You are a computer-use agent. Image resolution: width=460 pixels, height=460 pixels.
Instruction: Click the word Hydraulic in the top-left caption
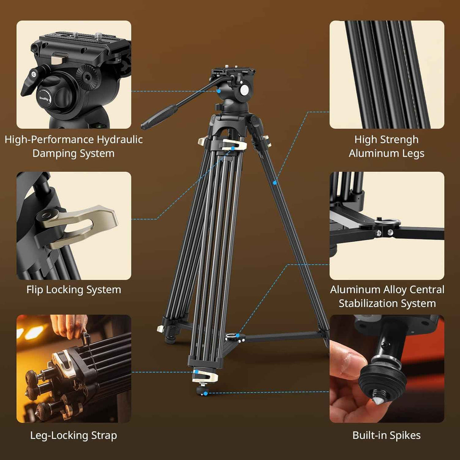[x=119, y=140]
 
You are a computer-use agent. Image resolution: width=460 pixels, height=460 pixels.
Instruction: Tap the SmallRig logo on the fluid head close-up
[x=44, y=99]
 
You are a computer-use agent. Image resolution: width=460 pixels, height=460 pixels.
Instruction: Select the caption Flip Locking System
[x=74, y=290]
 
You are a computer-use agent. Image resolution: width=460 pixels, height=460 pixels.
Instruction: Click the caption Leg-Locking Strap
[x=74, y=436]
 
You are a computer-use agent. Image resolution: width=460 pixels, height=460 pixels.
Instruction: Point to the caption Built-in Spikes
[x=386, y=436]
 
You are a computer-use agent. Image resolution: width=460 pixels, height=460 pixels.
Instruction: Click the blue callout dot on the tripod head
[x=219, y=91]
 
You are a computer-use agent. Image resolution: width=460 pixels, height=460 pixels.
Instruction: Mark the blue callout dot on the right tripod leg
[x=275, y=183]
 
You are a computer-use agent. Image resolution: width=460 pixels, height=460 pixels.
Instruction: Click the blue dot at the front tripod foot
[x=205, y=394]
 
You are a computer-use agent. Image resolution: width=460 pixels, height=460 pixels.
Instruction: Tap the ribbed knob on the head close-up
[x=87, y=76]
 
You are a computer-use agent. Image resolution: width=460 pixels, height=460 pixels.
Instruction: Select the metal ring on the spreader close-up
[x=387, y=222]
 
